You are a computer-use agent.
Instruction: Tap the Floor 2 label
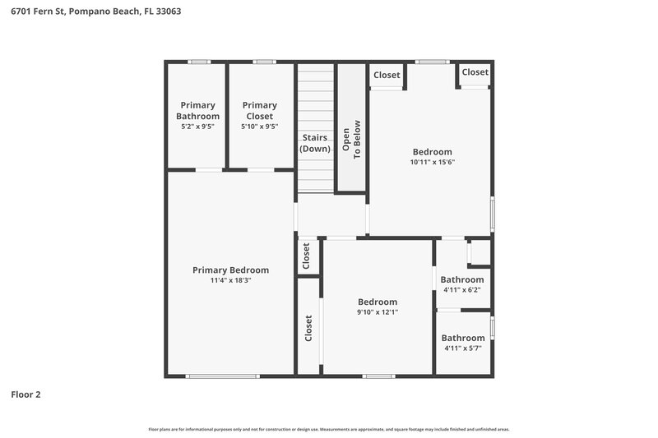(25, 394)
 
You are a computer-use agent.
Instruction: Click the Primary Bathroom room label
(197, 110)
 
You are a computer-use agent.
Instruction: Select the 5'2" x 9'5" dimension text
(197, 127)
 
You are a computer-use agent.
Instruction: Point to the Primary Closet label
(259, 110)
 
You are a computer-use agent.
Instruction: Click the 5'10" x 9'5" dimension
(259, 127)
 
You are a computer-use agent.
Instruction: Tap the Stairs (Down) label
(316, 143)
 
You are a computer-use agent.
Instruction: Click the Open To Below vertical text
(351, 140)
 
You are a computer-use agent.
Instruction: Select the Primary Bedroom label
(230, 270)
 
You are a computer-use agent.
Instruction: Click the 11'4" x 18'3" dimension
(230, 280)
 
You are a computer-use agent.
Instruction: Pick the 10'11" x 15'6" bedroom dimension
(432, 162)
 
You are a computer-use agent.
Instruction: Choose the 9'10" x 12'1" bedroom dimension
(377, 312)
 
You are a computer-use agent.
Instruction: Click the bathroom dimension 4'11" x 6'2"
(462, 289)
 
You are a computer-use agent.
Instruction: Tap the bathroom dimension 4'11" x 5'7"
(462, 348)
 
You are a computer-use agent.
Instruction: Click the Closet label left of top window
(387, 75)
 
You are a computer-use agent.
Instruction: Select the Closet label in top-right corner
(475, 72)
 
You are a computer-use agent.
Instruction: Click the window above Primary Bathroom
(198, 62)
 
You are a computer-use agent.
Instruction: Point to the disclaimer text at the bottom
(329, 429)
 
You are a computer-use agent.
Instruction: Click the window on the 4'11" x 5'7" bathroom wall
(492, 329)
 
